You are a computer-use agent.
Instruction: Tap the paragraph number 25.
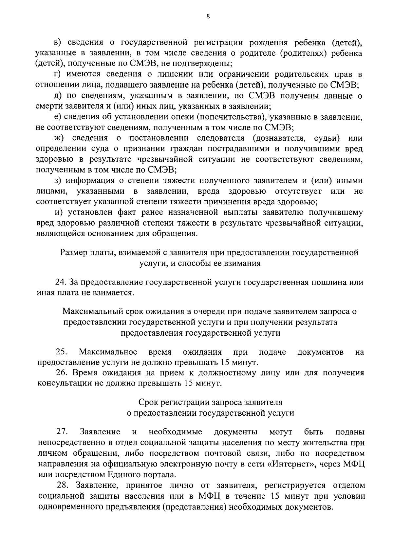[x=62, y=352]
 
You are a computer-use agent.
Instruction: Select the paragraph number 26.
[x=62, y=373]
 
